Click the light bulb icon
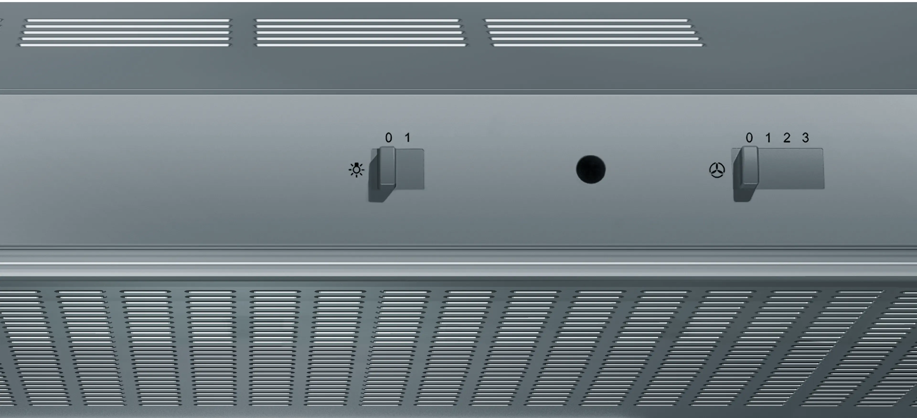click(x=356, y=170)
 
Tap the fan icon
click(x=717, y=170)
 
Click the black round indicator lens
click(x=591, y=169)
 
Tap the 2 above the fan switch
click(x=787, y=137)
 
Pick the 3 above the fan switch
click(x=805, y=137)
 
